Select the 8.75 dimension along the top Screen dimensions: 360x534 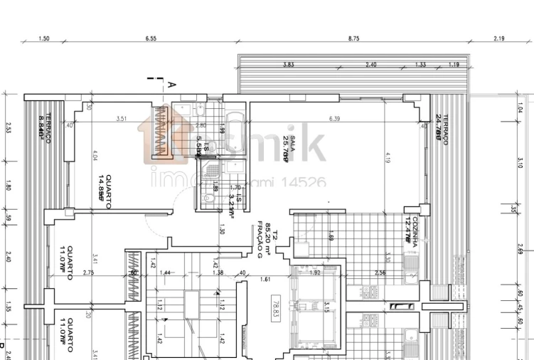click(x=353, y=38)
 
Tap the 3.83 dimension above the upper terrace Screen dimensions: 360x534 click(x=288, y=65)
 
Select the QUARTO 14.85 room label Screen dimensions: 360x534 click(x=105, y=186)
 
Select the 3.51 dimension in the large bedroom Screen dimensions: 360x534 click(x=122, y=119)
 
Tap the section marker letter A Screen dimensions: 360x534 click(x=171, y=85)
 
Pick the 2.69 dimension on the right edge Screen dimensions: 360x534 click(x=520, y=250)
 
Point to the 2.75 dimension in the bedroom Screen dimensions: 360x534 click(x=88, y=272)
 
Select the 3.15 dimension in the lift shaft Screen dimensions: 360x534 click(x=326, y=307)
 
